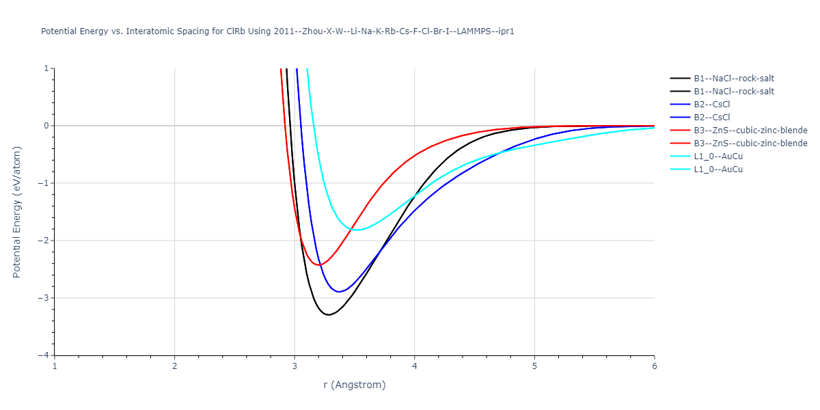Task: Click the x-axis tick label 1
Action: [x=55, y=366]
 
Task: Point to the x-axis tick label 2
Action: [x=175, y=366]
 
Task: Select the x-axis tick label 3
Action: [x=295, y=366]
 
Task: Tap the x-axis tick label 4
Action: [x=415, y=366]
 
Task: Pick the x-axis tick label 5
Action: [x=534, y=366]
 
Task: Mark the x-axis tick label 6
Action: [x=655, y=366]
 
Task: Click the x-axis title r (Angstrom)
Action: [x=355, y=385]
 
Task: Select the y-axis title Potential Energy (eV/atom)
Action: [x=17, y=212]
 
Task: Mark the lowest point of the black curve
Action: [x=329, y=315]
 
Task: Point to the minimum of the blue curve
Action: [x=339, y=292]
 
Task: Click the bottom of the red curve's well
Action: [x=319, y=264]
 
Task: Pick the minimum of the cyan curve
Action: [x=358, y=230]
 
